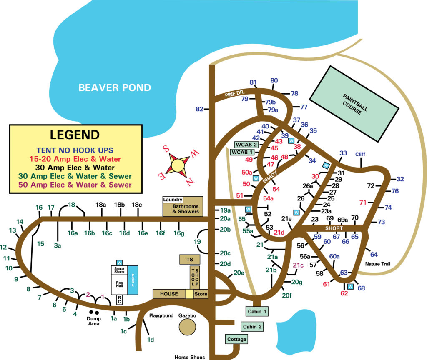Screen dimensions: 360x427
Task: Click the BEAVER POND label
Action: click(115, 87)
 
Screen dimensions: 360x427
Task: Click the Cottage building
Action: click(236, 339)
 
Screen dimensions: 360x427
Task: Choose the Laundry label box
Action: click(173, 200)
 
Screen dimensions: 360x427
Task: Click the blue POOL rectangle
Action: click(133, 280)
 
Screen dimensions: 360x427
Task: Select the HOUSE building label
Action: click(169, 294)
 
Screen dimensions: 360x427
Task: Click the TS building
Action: click(190, 260)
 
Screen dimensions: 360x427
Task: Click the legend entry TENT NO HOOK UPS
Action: click(75, 150)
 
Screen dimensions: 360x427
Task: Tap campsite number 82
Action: click(199, 109)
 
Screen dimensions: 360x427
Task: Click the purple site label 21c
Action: click(298, 265)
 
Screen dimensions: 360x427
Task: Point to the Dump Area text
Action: click(94, 321)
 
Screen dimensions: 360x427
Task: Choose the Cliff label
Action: click(360, 154)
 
